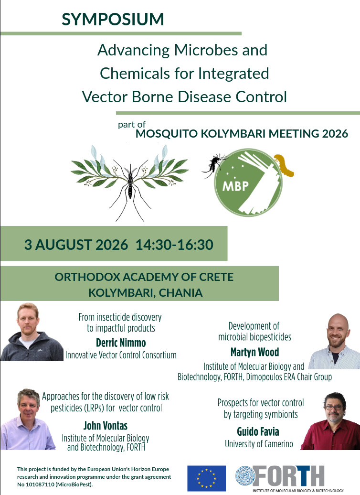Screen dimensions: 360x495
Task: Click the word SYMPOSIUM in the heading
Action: tap(113, 19)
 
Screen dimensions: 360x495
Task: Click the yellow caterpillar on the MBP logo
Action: tap(283, 165)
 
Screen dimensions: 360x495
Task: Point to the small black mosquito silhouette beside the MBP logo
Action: tap(214, 165)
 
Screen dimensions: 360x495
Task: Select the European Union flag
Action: tap(206, 478)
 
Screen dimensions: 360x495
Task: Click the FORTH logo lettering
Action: tap(288, 476)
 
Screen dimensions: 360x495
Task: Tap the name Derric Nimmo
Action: tap(121, 343)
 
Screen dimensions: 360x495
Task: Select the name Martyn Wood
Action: tap(254, 352)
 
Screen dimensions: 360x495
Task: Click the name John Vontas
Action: tap(106, 426)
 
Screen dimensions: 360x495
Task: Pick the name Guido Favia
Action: tap(258, 431)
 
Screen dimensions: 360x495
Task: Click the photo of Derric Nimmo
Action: tap(32, 332)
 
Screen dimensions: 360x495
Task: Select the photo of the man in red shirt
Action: tap(331, 421)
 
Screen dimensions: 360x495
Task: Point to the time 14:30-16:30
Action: tap(174, 245)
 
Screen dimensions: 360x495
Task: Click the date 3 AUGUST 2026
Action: tap(76, 245)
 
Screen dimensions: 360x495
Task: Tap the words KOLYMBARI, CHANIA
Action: tap(146, 292)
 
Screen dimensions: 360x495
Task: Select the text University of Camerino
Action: tap(259, 444)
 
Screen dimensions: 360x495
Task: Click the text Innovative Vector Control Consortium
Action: tap(121, 355)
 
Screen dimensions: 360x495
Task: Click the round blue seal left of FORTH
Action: tap(245, 476)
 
